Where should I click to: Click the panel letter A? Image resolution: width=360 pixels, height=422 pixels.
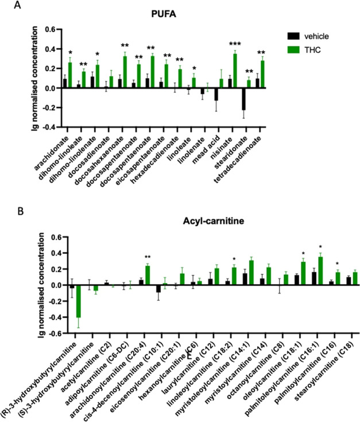pyautogui.click(x=7, y=6)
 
